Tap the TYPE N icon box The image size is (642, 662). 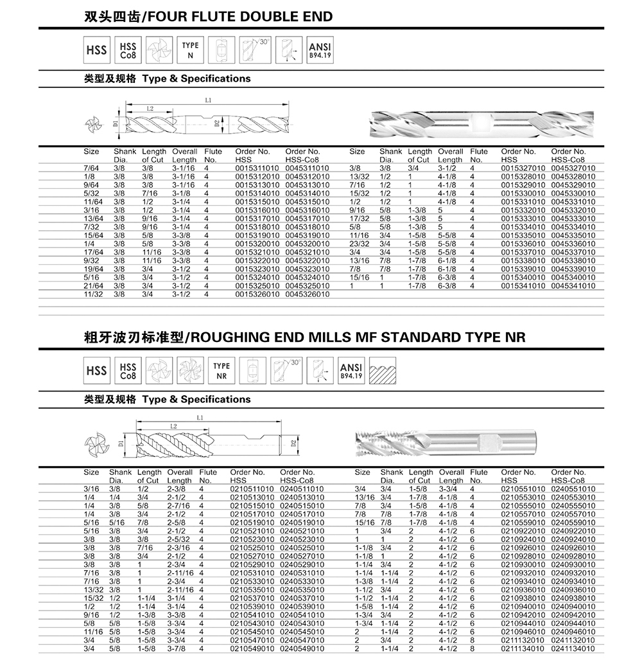(x=191, y=50)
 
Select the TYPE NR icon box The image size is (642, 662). (x=222, y=371)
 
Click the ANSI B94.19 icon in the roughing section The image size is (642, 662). (x=351, y=371)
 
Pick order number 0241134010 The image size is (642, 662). (x=573, y=649)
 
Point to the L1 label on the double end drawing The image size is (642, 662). (x=209, y=100)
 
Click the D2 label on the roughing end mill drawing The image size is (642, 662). (x=293, y=443)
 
